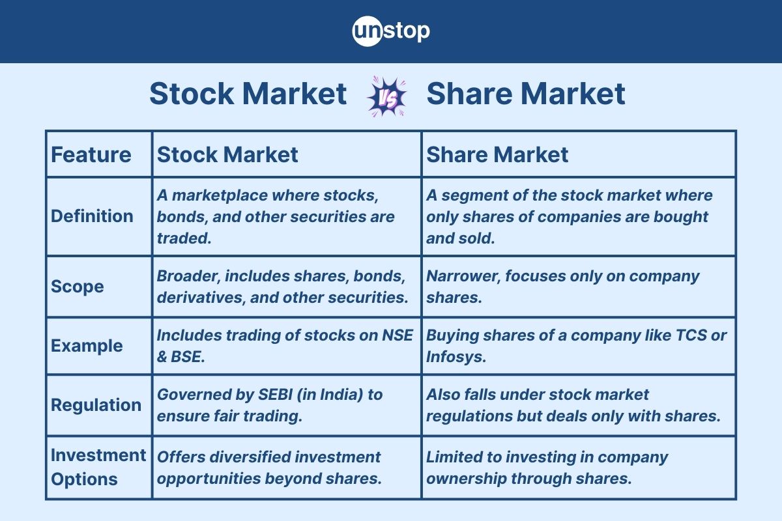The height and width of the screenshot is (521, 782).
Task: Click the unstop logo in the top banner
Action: click(391, 31)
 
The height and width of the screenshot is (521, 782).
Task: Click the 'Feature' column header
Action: click(91, 155)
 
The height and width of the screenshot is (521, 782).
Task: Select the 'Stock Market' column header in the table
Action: click(227, 155)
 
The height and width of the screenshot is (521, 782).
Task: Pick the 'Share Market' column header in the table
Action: click(497, 155)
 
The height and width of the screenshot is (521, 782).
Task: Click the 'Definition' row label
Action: click(92, 216)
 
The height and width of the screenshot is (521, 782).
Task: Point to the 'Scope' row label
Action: click(77, 287)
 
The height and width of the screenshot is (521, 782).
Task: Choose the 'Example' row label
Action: click(87, 345)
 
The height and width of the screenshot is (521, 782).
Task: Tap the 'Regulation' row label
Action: click(96, 404)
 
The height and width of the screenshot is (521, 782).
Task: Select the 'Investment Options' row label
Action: click(98, 468)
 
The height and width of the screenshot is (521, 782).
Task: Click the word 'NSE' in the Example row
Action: click(396, 335)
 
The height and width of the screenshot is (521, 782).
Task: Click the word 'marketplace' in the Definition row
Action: click(214, 195)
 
